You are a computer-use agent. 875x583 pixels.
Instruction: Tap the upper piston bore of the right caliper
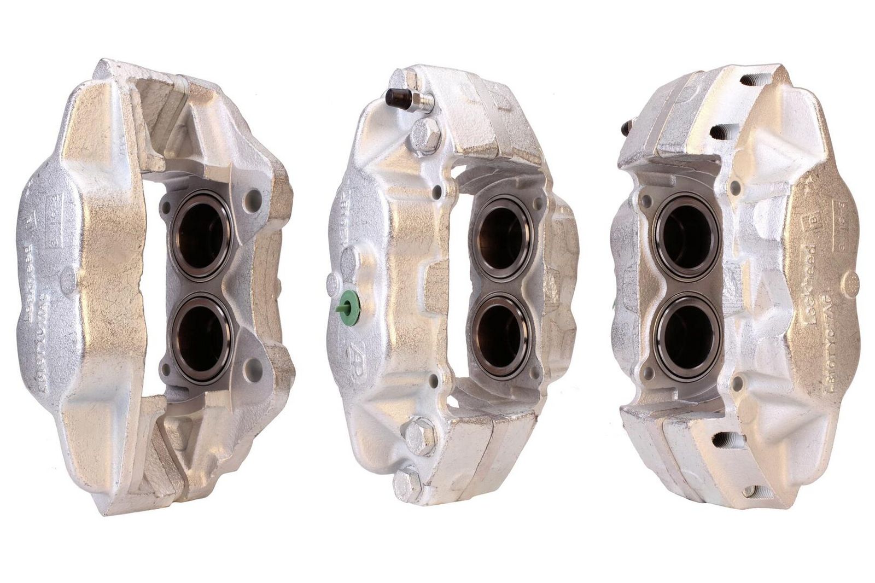point(687,232)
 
